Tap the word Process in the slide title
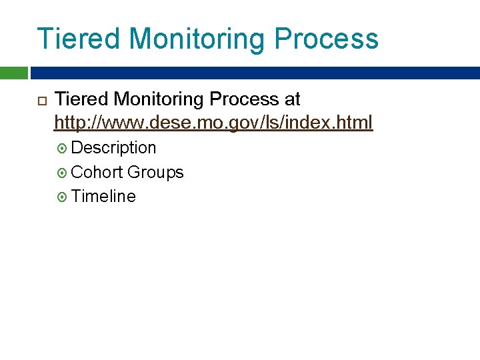326,39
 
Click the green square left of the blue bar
13,73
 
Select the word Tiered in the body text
81,99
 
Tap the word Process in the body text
244,99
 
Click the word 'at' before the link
293,100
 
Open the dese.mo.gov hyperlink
213,123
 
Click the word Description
113,147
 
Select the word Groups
155,173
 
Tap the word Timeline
103,197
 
